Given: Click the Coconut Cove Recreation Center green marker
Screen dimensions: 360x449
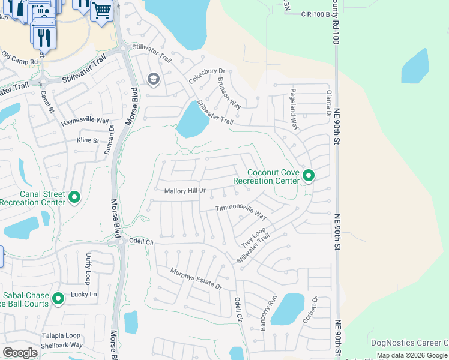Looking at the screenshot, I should pos(309,176).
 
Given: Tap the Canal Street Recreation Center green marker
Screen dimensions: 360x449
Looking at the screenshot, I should pos(74,197).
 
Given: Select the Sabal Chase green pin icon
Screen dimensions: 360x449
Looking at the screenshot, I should pos(58,298).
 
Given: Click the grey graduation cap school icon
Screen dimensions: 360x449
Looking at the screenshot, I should pos(153,79).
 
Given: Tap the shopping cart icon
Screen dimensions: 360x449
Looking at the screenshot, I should pos(101,10).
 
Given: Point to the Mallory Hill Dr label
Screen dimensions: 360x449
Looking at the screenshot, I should pos(185,190).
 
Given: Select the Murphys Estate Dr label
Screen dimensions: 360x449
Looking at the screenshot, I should pos(196,279).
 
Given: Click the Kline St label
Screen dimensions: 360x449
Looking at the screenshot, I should pos(88,140).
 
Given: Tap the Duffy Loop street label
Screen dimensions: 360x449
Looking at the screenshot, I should pos(88,268).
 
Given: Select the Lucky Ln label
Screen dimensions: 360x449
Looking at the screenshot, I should pos(85,295).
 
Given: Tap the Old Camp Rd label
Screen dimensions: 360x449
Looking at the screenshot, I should pos(20,58).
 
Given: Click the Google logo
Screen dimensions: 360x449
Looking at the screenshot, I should pos(20,352).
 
